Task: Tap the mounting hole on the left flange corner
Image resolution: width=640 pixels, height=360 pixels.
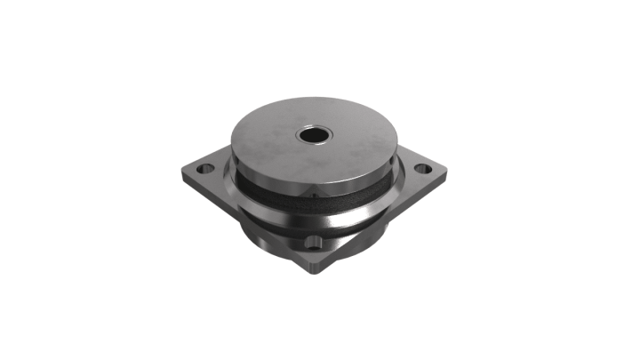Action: tap(204, 168)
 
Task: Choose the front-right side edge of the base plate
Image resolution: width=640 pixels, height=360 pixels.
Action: tap(391, 222)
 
